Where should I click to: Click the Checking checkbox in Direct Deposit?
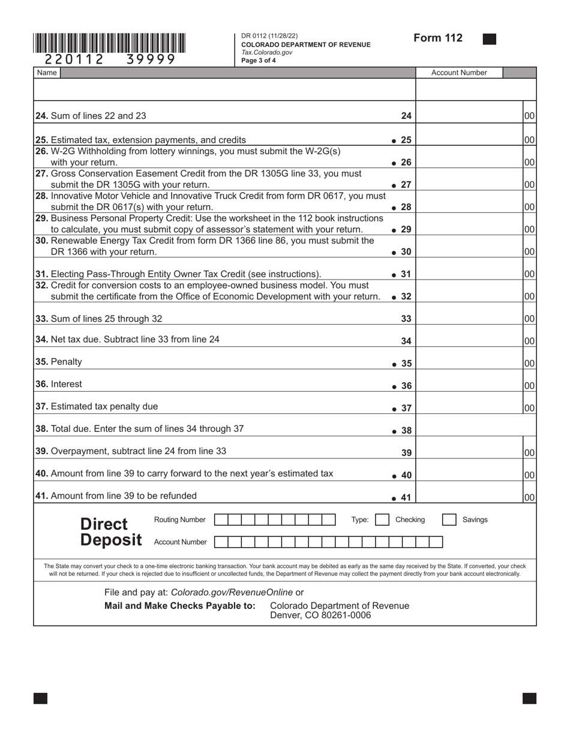pyautogui.click(x=382, y=520)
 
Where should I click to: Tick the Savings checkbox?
pyautogui.click(x=449, y=520)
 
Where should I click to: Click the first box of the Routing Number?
pyautogui.click(x=221, y=520)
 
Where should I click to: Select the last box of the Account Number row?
pyautogui.click(x=436, y=542)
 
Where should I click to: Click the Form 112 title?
pyautogui.click(x=438, y=38)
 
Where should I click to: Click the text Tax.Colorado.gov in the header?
pyautogui.click(x=267, y=52)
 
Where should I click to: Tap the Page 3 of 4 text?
pyautogui.click(x=259, y=60)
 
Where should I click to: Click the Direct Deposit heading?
pyautogui.click(x=111, y=532)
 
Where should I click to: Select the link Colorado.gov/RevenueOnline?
pyautogui.click(x=232, y=592)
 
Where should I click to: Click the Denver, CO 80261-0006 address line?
pyautogui.click(x=320, y=616)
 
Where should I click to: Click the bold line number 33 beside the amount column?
pyautogui.click(x=406, y=319)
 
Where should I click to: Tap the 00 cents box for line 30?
pyautogui.click(x=529, y=252)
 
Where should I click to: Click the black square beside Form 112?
pyautogui.click(x=490, y=39)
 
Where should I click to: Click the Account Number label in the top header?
pyautogui.click(x=459, y=73)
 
